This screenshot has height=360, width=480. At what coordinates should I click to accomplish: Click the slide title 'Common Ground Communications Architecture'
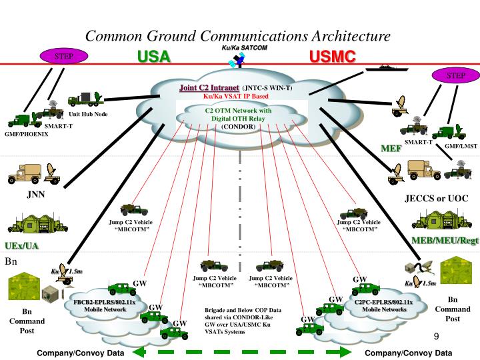[237, 35]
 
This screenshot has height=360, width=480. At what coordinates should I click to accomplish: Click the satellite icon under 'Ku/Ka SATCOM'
[236, 61]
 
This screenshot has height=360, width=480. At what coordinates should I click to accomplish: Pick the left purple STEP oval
[63, 56]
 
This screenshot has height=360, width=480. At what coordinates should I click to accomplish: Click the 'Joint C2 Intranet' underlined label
[209, 88]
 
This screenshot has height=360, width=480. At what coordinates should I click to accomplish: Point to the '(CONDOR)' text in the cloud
[238, 126]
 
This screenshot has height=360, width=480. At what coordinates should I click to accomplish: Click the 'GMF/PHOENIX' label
[24, 135]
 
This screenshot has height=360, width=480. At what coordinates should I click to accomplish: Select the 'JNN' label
[36, 195]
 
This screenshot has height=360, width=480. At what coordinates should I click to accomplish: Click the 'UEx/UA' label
[22, 246]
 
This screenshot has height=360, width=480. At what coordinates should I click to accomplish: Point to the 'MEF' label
[391, 148]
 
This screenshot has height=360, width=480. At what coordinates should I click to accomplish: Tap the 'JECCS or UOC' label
[436, 199]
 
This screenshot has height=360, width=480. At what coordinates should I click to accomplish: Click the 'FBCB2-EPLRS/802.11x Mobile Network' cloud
[104, 306]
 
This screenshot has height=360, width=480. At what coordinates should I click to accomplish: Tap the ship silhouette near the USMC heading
[384, 67]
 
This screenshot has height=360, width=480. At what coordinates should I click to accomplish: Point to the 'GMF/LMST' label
[461, 145]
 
